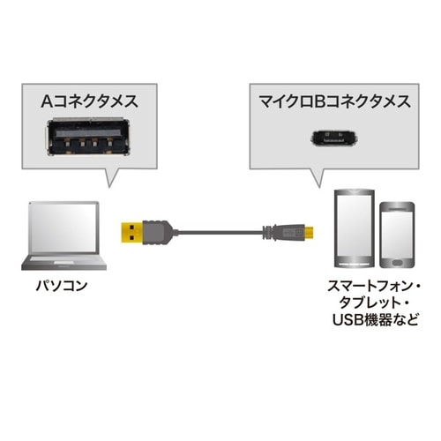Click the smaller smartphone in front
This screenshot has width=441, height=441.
point(397,236)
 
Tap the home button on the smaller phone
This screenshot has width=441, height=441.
point(397,264)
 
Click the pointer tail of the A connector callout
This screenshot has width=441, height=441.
point(113,177)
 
